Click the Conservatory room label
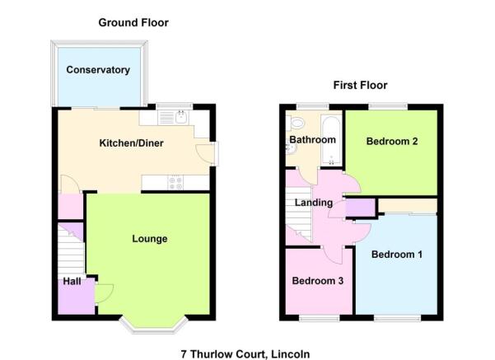pyautogui.click(x=98, y=70)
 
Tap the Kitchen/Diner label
pyautogui.click(x=131, y=143)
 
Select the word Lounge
pyautogui.click(x=150, y=239)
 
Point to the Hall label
pyautogui.click(x=72, y=281)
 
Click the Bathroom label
pyautogui.click(x=312, y=139)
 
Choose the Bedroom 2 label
pyautogui.click(x=392, y=141)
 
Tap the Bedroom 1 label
pyautogui.click(x=397, y=255)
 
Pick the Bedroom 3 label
pyautogui.click(x=318, y=280)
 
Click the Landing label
pyautogui.click(x=314, y=203)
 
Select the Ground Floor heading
pyautogui.click(x=133, y=22)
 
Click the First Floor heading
pyautogui.click(x=360, y=85)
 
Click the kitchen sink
pyautogui.click(x=173, y=118)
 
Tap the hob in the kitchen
pyautogui.click(x=175, y=183)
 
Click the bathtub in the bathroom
pyautogui.click(x=331, y=140)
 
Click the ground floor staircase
pyautogui.click(x=72, y=249)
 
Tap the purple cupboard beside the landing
pyautogui.click(x=360, y=208)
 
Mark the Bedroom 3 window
pyautogui.click(x=320, y=318)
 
